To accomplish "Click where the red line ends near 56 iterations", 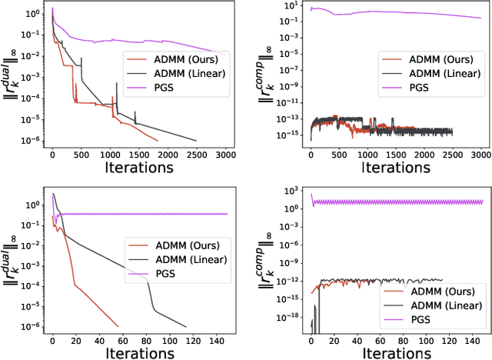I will pos(118,325).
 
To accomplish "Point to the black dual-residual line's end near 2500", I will pos(197,140).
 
